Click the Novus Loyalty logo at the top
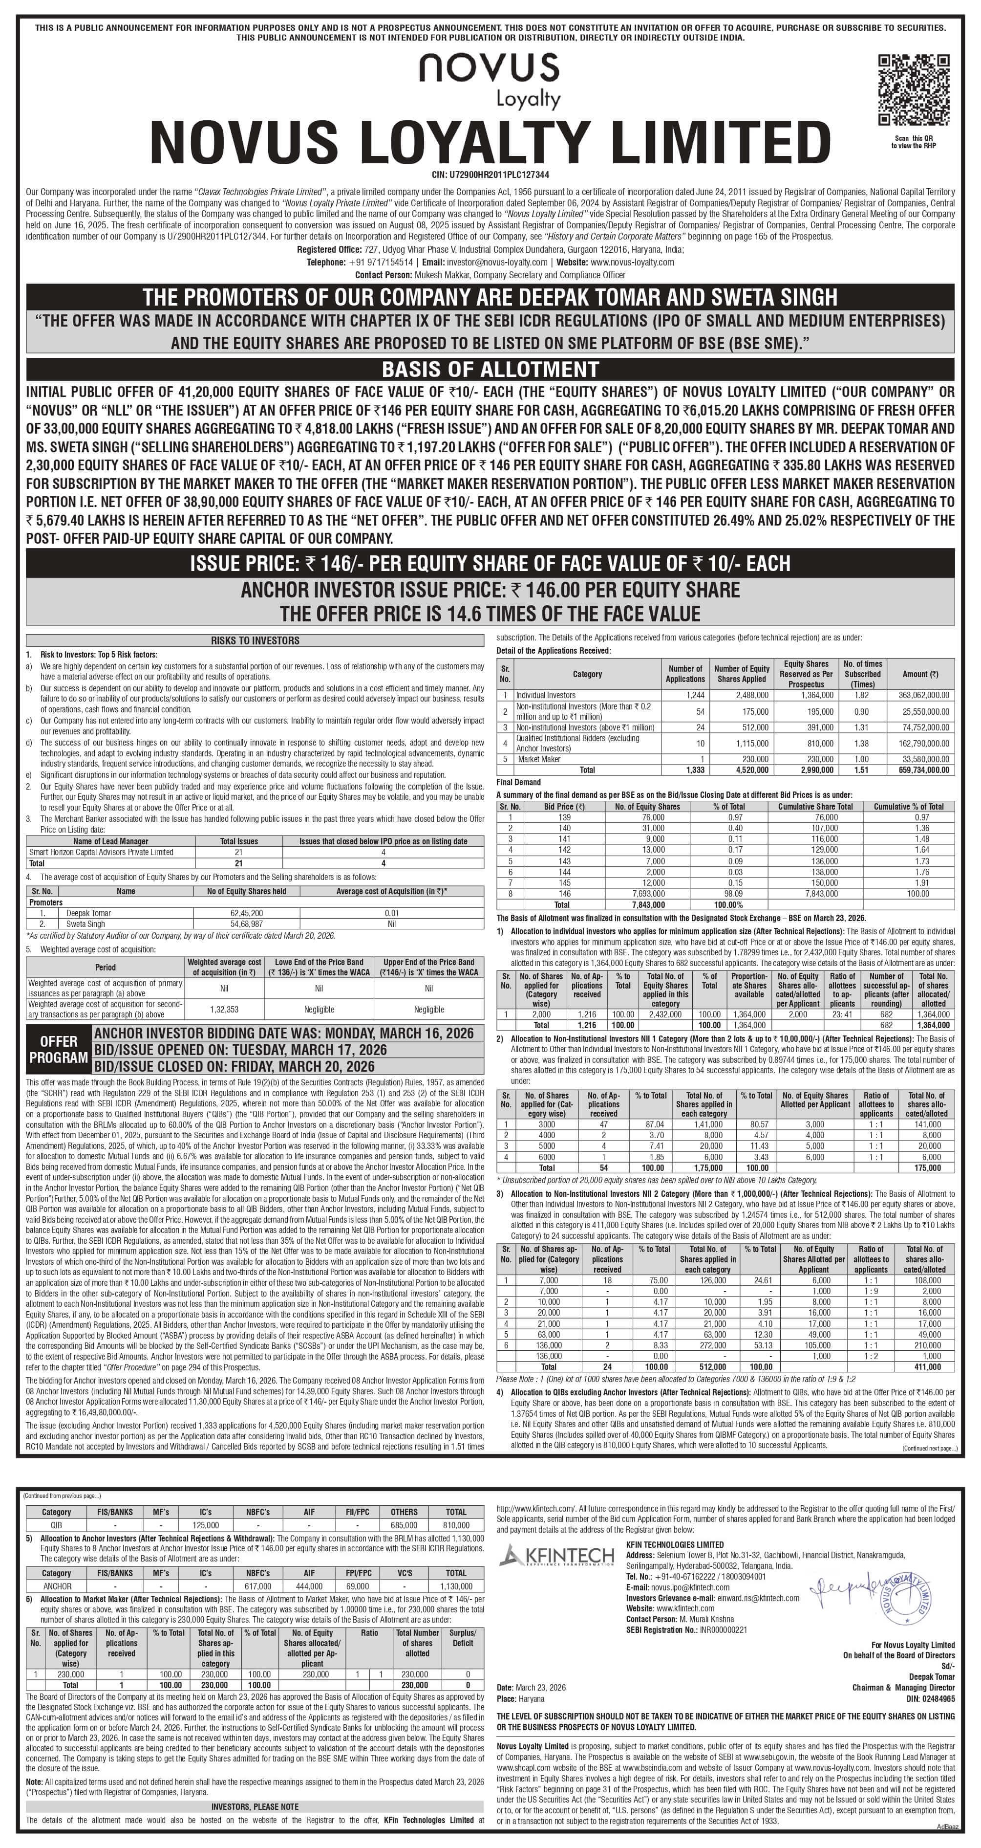(490, 78)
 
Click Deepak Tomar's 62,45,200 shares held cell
(246, 913)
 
